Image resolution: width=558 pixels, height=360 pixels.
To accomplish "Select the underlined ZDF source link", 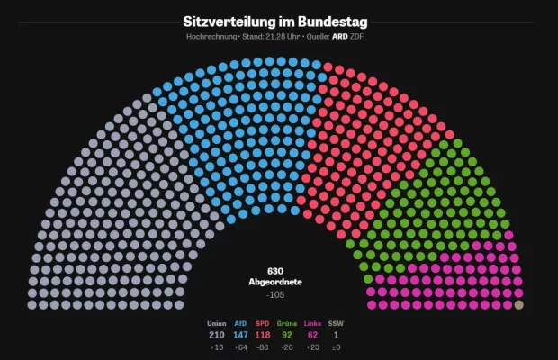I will (x=356, y=37).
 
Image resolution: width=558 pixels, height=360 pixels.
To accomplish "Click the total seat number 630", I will (x=275, y=271).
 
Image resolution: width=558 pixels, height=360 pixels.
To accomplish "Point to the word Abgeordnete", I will (x=275, y=282).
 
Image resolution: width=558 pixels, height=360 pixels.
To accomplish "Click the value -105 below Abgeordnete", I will (x=275, y=294).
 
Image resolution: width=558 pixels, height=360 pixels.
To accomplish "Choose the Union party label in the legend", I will (x=217, y=323).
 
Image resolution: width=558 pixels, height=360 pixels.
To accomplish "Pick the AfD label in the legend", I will (x=240, y=323).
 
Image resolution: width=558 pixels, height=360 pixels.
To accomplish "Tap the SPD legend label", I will (x=263, y=323).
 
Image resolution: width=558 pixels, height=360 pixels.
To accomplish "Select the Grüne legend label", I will (x=287, y=323).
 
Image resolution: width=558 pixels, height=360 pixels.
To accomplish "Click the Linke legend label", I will (x=312, y=323).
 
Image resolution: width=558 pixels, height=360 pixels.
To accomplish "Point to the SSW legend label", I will (x=336, y=323).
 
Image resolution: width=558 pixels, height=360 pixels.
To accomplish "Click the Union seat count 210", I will (x=217, y=335).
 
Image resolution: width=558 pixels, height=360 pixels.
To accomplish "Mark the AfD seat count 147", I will (x=240, y=335).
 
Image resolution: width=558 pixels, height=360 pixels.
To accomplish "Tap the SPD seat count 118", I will (x=263, y=335).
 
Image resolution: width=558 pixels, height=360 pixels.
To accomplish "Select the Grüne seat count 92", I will (x=287, y=335).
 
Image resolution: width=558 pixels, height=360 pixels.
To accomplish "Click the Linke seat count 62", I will (x=312, y=335).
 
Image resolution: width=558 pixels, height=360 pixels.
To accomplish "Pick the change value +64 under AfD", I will (x=240, y=346).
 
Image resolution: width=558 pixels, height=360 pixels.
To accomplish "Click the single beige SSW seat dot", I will (x=518, y=304).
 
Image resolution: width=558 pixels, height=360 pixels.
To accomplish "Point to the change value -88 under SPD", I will (x=263, y=346).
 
